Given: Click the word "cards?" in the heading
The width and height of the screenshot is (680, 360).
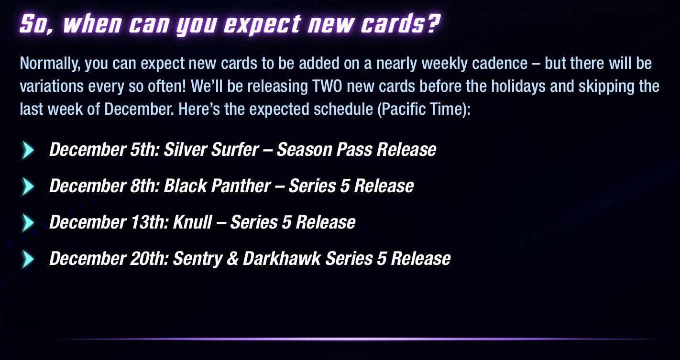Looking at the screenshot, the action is pyautogui.click(x=400, y=24).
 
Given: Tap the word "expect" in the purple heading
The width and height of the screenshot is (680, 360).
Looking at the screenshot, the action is pyautogui.click(x=263, y=25).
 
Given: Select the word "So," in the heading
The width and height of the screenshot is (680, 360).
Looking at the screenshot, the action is pyautogui.click(x=36, y=24).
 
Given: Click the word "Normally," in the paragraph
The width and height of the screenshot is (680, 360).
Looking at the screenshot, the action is pyautogui.click(x=50, y=64).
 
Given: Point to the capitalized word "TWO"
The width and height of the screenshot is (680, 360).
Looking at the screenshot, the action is pyautogui.click(x=327, y=86).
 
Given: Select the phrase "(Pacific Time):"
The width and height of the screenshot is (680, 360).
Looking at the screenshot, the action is pyautogui.click(x=424, y=109).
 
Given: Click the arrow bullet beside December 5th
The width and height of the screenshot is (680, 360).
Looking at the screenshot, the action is pyautogui.click(x=28, y=150).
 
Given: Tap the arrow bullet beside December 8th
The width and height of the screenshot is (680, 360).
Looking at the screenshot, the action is pyautogui.click(x=28, y=186).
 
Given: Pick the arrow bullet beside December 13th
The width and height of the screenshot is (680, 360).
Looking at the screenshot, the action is pyautogui.click(x=28, y=222).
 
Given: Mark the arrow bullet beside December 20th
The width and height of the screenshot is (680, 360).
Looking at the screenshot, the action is pyautogui.click(x=28, y=259).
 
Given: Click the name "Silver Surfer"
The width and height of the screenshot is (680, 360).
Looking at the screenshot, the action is pyautogui.click(x=211, y=150).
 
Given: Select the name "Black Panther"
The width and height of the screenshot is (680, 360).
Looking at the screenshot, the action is pyautogui.click(x=218, y=186).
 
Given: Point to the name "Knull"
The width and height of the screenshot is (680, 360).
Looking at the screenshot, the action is pyautogui.click(x=192, y=222).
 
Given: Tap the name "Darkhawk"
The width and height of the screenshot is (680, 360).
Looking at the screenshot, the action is pyautogui.click(x=282, y=259).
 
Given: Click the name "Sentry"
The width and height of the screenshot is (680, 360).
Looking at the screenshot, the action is pyautogui.click(x=197, y=259).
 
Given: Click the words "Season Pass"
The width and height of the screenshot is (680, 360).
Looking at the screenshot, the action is pyautogui.click(x=324, y=150).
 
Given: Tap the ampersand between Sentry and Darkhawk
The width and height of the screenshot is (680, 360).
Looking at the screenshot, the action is pyautogui.click(x=232, y=259).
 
